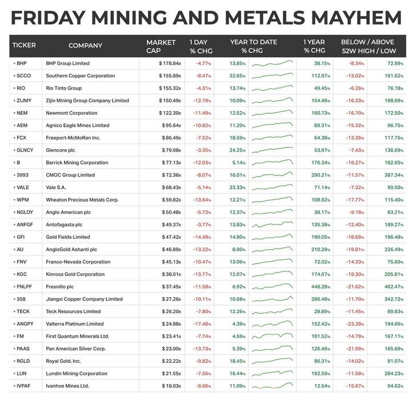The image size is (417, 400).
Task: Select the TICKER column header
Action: point(24,46)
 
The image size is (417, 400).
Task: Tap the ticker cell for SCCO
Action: point(24,75)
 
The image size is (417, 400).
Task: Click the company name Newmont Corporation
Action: point(71,113)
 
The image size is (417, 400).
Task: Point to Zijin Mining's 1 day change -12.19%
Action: point(203,101)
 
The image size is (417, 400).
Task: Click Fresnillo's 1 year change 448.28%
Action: point(321,286)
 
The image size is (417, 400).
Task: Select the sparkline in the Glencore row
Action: point(272,150)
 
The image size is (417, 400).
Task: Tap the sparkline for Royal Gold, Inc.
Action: point(272,361)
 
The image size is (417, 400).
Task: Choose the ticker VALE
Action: point(23,187)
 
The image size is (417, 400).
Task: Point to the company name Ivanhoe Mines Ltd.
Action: point(67,386)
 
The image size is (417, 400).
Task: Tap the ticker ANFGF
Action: point(25,225)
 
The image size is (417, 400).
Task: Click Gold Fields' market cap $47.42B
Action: point(171,237)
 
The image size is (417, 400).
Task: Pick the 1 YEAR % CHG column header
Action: point(314,46)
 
